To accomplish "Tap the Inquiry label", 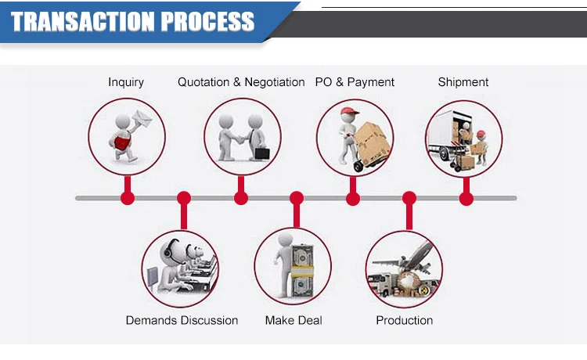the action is coord(126,82).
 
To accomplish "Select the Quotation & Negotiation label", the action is coord(241,82).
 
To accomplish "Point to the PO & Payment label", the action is coord(355,82).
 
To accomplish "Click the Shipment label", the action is coord(463,82).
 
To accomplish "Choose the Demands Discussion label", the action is coord(182,320).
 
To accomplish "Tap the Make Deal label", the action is coord(293,320).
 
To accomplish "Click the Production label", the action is coord(404,320).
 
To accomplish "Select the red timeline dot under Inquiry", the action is coord(128,198).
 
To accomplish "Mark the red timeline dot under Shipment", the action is coord(466,198).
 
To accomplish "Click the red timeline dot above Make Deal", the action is coord(296,198).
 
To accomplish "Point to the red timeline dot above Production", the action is coord(409,198).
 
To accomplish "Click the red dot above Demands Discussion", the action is coord(184,198).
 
